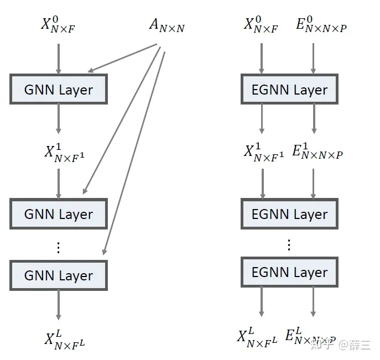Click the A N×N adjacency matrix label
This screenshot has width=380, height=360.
pyautogui.click(x=166, y=25)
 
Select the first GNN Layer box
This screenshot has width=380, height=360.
pyautogui.click(x=59, y=89)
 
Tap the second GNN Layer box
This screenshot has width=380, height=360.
pyautogui.click(x=59, y=214)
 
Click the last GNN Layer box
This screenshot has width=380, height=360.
pyautogui.click(x=59, y=275)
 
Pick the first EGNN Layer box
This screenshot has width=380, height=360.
pyautogui.click(x=289, y=89)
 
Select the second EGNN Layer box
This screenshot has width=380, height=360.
pyautogui.click(x=289, y=214)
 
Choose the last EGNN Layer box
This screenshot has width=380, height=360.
pyautogui.click(x=289, y=272)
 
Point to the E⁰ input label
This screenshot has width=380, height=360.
pyautogui.click(x=321, y=25)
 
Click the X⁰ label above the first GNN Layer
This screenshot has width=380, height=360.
pyautogui.click(x=58, y=25)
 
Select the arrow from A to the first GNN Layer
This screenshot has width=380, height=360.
pyautogui.click(x=124, y=59)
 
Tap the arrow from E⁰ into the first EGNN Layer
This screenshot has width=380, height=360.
pyautogui.click(x=314, y=58)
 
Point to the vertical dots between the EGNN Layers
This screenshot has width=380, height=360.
pyautogui.click(x=289, y=244)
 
